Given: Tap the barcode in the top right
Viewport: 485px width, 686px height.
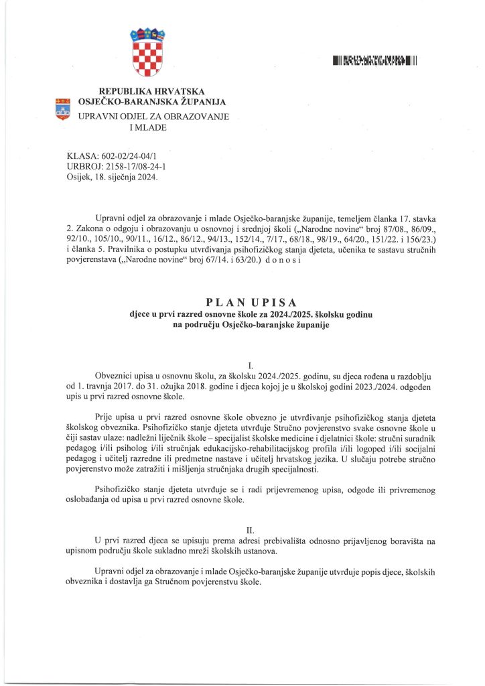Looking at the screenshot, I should point(375,62).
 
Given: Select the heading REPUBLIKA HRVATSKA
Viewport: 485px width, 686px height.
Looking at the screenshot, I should point(151,91).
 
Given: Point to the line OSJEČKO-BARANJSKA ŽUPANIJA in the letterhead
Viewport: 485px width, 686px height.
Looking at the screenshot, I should point(152,102).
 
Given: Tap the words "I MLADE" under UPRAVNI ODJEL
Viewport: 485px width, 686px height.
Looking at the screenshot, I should point(151,128).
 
